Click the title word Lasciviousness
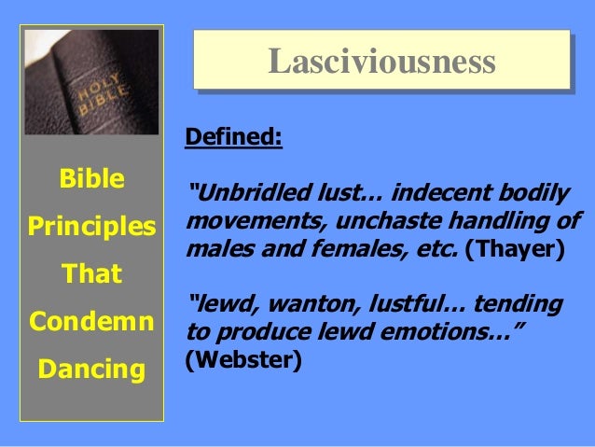pyautogui.click(x=381, y=62)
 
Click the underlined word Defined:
pyautogui.click(x=233, y=136)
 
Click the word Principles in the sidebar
pyautogui.click(x=91, y=227)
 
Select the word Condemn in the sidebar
pyautogui.click(x=91, y=321)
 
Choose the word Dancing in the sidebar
pyautogui.click(x=91, y=370)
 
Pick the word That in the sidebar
pyautogui.click(x=91, y=274)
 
